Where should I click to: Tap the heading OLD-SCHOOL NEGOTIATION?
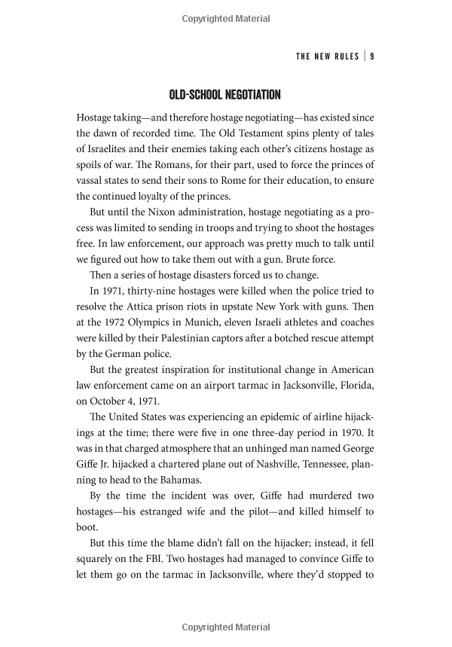click(x=225, y=95)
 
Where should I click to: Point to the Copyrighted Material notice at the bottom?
click(x=225, y=627)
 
